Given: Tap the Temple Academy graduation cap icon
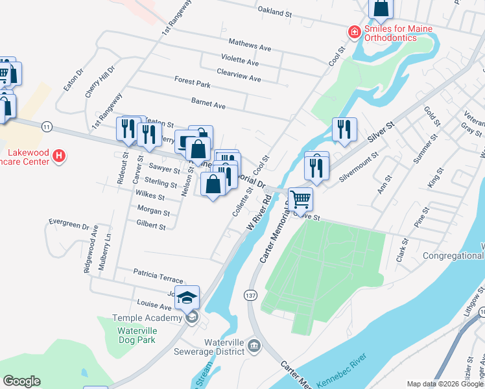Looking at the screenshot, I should coord(188,297).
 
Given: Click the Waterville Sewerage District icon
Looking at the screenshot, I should coord(254,349).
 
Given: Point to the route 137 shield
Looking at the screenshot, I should coord(251,295).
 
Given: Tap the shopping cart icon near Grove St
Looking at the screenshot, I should coord(300,201).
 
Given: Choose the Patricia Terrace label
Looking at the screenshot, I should coord(158,275).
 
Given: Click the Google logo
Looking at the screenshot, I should coord(22,381).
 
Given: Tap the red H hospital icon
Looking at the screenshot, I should coord(59,156).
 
